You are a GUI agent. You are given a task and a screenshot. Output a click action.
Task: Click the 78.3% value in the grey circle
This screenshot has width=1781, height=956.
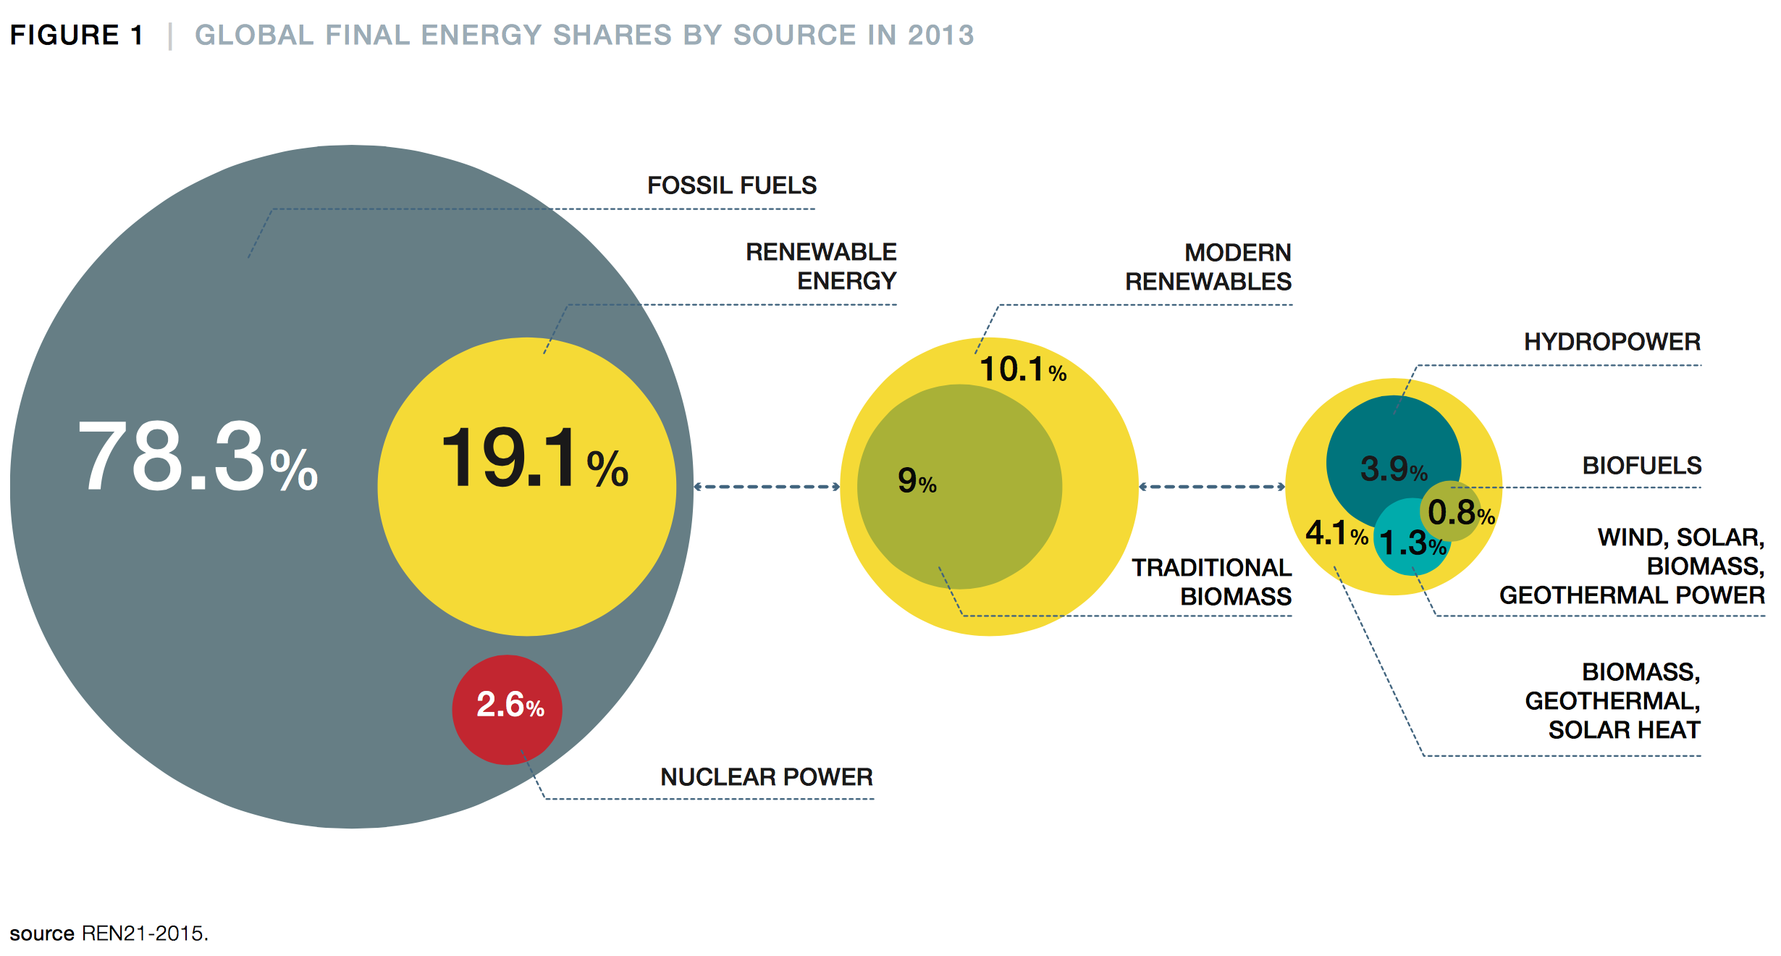pyautogui.click(x=197, y=458)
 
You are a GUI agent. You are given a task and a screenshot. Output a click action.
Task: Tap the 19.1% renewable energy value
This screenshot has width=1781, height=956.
pyautogui.click(x=534, y=459)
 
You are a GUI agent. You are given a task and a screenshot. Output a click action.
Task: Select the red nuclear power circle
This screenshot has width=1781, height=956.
pyautogui.click(x=507, y=709)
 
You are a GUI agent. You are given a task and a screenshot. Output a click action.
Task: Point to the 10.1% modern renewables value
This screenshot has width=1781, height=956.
pyautogui.click(x=1022, y=370)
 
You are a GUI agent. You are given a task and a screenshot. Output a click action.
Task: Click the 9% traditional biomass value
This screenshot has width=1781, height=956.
pyautogui.click(x=917, y=481)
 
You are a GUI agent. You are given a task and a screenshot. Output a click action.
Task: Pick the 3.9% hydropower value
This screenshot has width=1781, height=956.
pyautogui.click(x=1393, y=469)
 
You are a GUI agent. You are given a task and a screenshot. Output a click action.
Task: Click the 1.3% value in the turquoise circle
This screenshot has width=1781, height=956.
pyautogui.click(x=1412, y=544)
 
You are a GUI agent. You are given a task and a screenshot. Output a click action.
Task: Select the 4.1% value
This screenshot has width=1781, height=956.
pyautogui.click(x=1336, y=534)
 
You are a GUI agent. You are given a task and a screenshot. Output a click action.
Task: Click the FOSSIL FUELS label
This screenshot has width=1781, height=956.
pyautogui.click(x=731, y=186)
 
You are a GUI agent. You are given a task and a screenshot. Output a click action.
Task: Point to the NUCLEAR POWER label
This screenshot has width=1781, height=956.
pyautogui.click(x=766, y=777)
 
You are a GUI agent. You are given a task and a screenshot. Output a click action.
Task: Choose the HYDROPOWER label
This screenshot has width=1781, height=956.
pyautogui.click(x=1612, y=342)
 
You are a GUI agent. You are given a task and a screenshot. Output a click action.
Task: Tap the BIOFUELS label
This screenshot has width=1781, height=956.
pyautogui.click(x=1641, y=466)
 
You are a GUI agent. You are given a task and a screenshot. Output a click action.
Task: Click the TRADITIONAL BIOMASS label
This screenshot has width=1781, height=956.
pyautogui.click(x=1212, y=582)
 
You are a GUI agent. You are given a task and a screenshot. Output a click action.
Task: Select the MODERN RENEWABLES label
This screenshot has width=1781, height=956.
pyautogui.click(x=1208, y=267)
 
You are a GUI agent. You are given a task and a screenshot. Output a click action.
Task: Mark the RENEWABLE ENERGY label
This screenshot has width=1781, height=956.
pyautogui.click(x=822, y=267)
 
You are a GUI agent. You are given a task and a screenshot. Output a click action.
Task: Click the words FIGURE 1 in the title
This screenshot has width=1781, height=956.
pyautogui.click(x=76, y=35)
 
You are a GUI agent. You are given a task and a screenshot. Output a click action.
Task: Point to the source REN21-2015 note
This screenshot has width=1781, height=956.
pyautogui.click(x=109, y=933)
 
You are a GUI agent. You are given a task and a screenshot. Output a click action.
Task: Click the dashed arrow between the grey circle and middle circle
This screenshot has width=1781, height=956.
pyautogui.click(x=767, y=487)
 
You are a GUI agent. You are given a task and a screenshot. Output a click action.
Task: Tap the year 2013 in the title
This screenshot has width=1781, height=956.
pyautogui.click(x=940, y=35)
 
